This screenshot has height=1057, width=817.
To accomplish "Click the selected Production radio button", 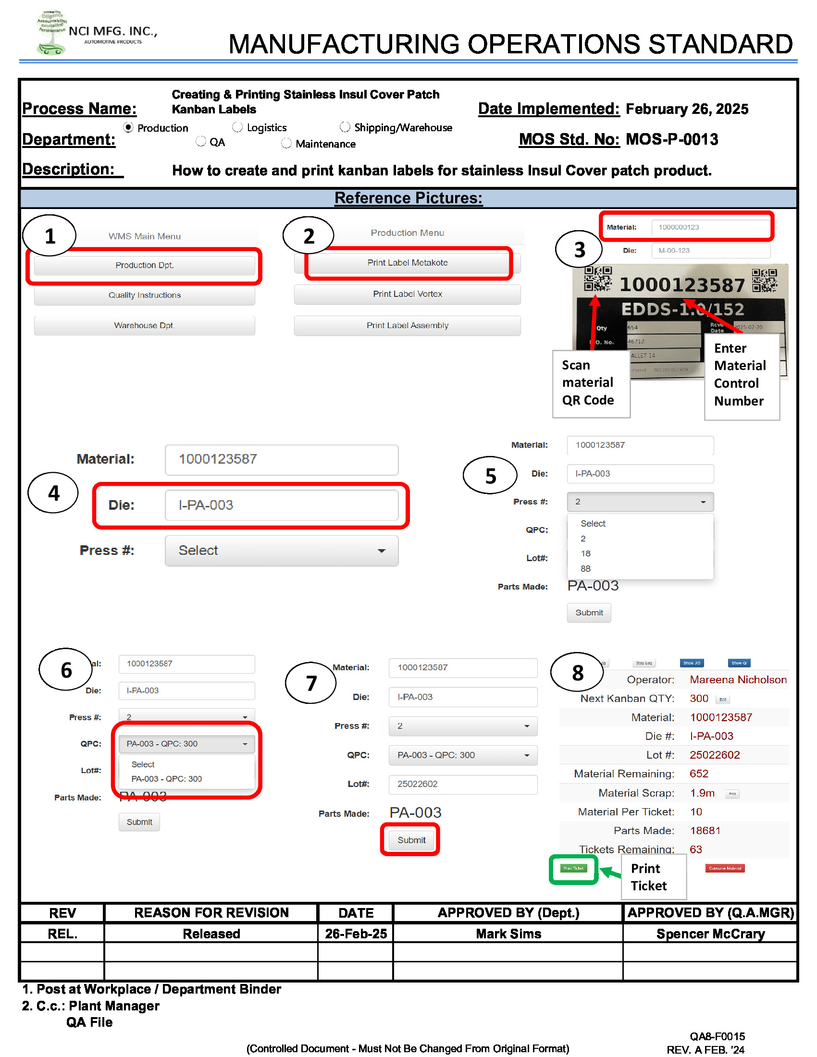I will coord(128,127).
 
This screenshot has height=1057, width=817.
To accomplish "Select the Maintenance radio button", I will coord(286,143).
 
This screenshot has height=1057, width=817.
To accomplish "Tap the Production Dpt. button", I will coord(144,265).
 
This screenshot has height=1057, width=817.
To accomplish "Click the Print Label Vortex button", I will coord(407,294).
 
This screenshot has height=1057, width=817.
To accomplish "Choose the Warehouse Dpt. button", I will coord(144,326).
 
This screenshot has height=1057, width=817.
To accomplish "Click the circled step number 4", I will coord(53,493).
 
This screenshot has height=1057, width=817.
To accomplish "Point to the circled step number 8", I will coord(577,673).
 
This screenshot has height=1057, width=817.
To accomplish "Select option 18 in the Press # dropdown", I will coord(586,553).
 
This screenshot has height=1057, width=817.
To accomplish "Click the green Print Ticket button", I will coord(573,869).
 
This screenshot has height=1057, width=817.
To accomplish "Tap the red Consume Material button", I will coord(725,869).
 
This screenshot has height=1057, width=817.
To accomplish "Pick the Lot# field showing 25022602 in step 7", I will coord(462,785).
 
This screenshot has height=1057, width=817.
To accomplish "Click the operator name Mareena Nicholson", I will coord(738,680).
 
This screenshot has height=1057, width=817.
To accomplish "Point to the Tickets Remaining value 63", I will coord(695,850).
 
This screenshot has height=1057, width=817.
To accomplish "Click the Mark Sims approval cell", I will coord(508,934).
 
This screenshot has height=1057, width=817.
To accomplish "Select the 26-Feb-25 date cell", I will coord(356,934).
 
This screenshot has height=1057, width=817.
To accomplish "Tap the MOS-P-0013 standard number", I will coord(671,140).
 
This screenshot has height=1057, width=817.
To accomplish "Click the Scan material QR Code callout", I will coord(591,383).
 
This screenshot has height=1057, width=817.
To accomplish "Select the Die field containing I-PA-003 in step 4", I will coord(281,505).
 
